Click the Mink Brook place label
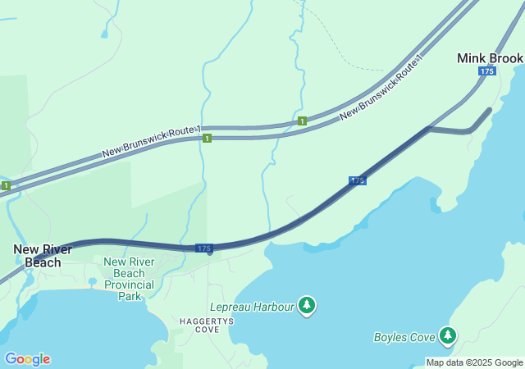(490, 58)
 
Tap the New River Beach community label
(43, 256)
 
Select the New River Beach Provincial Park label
(130, 279)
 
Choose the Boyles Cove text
(404, 336)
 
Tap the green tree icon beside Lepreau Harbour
(307, 306)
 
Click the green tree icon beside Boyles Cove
(448, 335)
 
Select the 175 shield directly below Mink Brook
(487, 72)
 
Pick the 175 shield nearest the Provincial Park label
(204, 248)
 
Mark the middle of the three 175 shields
(358, 180)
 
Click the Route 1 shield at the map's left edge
(6, 186)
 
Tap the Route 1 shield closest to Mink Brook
(303, 121)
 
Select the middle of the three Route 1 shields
(207, 139)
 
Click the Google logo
(27, 359)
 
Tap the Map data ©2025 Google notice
(474, 362)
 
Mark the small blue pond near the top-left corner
(103, 34)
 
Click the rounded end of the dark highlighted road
(489, 110)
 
